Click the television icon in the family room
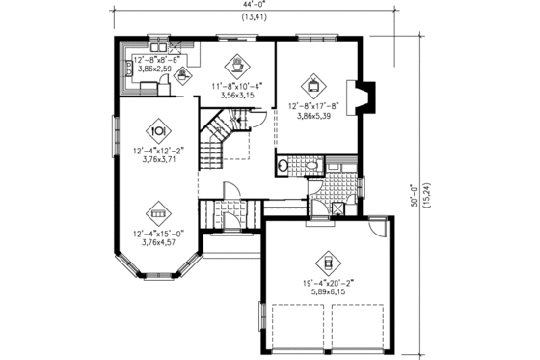tap(311, 82)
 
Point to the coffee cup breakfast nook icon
tap(235, 66)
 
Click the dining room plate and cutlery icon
tap(157, 130)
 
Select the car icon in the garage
tap(328, 261)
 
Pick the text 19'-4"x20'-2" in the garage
tap(328, 283)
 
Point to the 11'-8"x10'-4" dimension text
tap(235, 87)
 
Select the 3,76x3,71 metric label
tap(157, 162)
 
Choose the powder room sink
tap(283, 166)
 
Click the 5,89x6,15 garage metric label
tap(328, 293)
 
